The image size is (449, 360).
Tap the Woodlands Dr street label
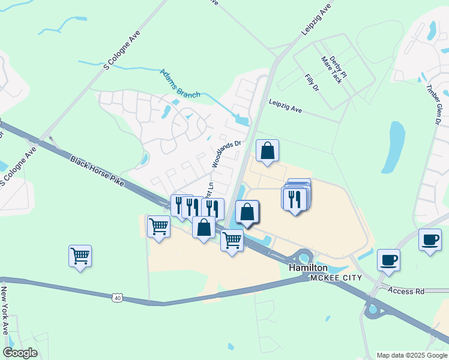pyautogui.click(x=225, y=154)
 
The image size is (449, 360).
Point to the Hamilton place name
pyautogui.click(x=308, y=268)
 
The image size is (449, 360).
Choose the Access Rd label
pyautogui.click(x=406, y=291)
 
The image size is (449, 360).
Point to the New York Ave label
pyautogui.click(x=4, y=310)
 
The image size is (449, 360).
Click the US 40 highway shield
pyautogui.click(x=117, y=297)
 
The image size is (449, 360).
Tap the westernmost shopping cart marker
pyautogui.click(x=80, y=257)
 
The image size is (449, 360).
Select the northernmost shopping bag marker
pyautogui.click(x=268, y=151)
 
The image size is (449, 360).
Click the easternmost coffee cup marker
pyautogui.click(x=429, y=240)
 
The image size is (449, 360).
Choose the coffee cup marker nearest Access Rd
pyautogui.click(x=388, y=260)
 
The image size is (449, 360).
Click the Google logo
pyautogui.click(x=20, y=353)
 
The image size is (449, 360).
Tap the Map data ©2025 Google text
pyautogui.click(x=411, y=355)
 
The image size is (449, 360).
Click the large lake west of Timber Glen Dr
pyautogui.click(x=397, y=147)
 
